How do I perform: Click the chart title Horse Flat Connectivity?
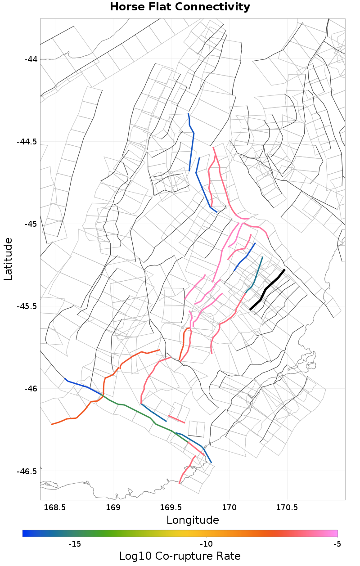pyautogui.click(x=180, y=7)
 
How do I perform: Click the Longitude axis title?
pyautogui.click(x=193, y=520)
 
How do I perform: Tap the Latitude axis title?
pyautogui.click(x=8, y=259)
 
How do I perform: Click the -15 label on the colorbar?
pyautogui.click(x=74, y=544)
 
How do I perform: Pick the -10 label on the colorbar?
pyautogui.click(x=206, y=544)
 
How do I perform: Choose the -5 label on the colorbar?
pyautogui.click(x=337, y=544)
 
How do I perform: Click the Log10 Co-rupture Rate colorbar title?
pyautogui.click(x=180, y=556)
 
